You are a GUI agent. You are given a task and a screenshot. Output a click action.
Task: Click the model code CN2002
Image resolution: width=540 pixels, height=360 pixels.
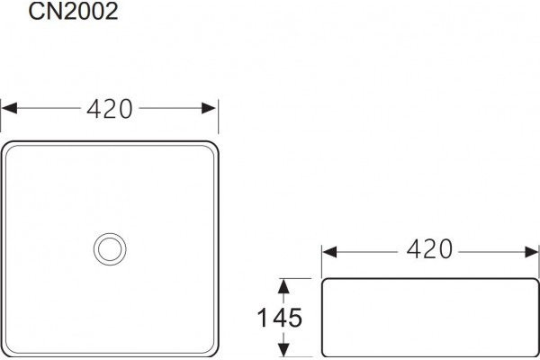point(74,11)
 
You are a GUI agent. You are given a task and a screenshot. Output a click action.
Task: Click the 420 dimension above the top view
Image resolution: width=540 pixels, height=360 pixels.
point(110,109)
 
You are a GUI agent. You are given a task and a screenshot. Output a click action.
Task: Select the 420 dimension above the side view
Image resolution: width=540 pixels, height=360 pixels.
point(429,249)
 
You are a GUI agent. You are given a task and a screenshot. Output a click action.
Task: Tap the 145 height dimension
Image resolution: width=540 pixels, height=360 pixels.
point(280,318)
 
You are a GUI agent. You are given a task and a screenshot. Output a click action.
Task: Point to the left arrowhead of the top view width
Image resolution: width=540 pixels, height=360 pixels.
point(9,108)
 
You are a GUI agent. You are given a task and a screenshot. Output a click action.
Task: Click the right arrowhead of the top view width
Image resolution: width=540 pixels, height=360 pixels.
point(209,108)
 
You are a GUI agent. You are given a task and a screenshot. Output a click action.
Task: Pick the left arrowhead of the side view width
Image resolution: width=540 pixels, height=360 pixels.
point(330,252)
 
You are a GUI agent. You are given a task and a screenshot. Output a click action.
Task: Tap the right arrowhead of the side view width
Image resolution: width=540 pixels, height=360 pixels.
point(531,252)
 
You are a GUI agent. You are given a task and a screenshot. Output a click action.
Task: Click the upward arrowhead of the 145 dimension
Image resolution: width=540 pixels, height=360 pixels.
point(283,286)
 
